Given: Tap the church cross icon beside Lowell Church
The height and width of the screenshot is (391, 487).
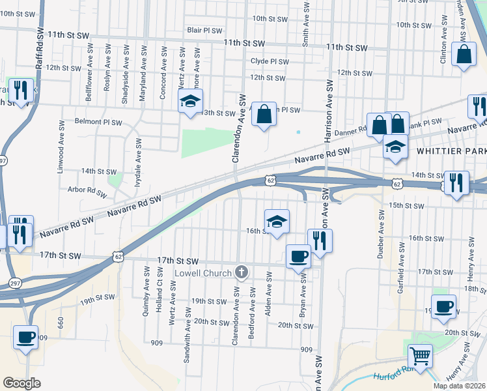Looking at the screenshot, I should tap(242, 272).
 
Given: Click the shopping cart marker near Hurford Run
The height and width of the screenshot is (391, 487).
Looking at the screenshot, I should tap(421, 356).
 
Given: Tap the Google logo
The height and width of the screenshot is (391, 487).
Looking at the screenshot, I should tap(21, 383).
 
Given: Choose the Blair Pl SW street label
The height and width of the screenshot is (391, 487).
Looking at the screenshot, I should tap(204, 30).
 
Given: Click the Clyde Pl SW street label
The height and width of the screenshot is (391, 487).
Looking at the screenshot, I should tap(269, 61).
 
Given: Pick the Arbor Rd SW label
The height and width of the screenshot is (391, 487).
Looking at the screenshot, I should tap(87, 192).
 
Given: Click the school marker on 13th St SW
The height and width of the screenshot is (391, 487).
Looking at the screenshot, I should tap(191, 101).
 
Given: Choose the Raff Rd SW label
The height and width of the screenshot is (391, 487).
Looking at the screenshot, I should tap(40, 50).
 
